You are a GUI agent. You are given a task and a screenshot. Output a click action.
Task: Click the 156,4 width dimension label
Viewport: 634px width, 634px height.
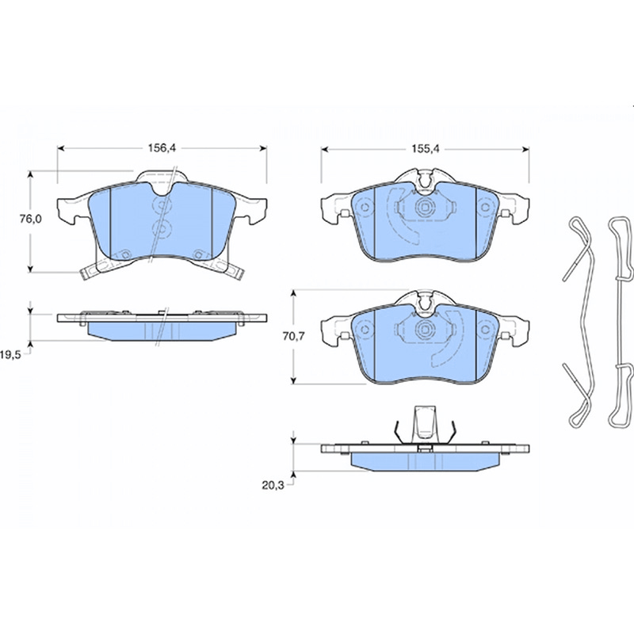tap(162, 148)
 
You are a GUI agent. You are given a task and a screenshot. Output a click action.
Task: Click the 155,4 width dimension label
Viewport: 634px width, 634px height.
tap(426, 149)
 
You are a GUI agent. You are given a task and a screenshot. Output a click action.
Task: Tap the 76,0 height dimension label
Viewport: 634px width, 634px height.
tap(31, 219)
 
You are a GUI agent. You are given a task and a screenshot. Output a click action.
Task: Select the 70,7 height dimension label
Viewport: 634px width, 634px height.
tap(293, 336)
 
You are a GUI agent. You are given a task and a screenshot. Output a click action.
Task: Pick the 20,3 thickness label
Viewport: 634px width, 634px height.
tap(273, 486)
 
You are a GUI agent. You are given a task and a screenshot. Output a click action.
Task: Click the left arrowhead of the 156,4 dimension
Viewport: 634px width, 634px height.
tap(61, 148)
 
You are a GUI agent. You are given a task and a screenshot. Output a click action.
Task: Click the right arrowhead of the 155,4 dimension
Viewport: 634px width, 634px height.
tap(525, 150)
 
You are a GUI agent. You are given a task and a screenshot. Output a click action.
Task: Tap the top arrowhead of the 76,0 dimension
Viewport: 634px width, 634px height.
tap(30, 174)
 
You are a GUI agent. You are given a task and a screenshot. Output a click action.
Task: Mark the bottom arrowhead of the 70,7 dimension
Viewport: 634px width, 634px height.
tap(294, 380)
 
